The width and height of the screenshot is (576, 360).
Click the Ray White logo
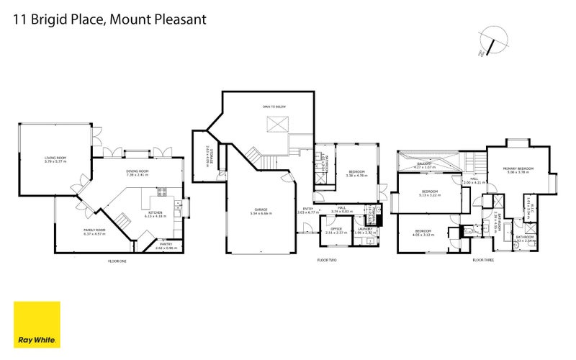tap(37, 325)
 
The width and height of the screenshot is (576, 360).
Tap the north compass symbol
tap(493, 40)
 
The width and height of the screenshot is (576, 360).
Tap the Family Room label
tap(94, 230)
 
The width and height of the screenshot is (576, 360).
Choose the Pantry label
tap(164, 244)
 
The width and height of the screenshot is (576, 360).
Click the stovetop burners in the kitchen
tap(162, 192)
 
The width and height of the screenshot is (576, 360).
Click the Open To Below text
tap(274, 107)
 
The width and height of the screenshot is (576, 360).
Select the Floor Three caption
tap(482, 261)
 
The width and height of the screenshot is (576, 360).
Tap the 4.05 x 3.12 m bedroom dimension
tap(423, 235)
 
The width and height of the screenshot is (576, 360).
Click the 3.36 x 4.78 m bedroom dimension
tap(356, 175)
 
